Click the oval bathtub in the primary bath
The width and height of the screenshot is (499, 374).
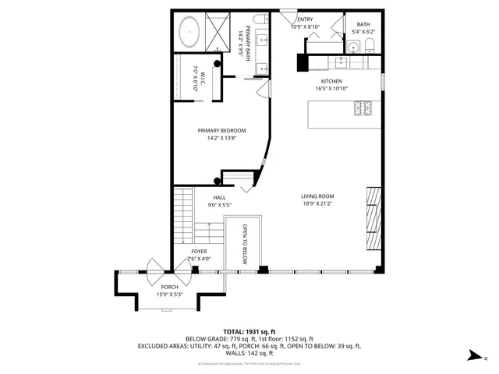[x=189, y=34]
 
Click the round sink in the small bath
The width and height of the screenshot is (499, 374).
[x=356, y=48]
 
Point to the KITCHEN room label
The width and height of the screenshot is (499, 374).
[x=331, y=81]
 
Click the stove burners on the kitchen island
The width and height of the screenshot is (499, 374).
[x=363, y=110]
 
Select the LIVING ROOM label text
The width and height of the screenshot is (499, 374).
[x=317, y=196]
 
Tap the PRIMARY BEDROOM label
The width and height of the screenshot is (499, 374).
[x=221, y=130]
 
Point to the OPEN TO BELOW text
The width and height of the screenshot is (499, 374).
[x=244, y=244]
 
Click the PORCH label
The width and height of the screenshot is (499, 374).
[x=169, y=287]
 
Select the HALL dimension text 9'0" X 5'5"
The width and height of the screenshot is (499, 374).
[x=220, y=205]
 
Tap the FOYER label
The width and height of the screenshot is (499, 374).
[x=199, y=251]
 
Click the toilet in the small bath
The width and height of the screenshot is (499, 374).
[x=371, y=44]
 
